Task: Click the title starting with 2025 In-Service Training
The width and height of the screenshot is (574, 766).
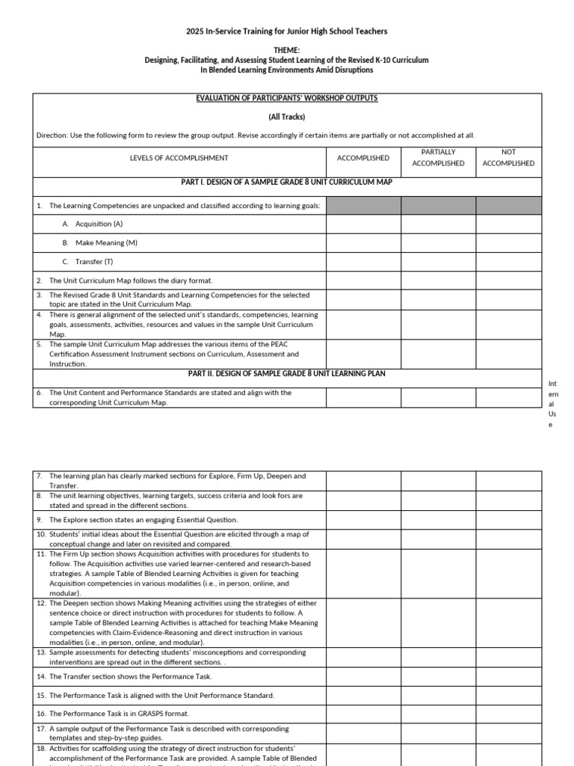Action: click(x=287, y=31)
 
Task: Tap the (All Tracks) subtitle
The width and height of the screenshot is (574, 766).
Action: click(x=287, y=117)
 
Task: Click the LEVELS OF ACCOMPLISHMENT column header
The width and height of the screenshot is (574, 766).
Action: click(x=179, y=158)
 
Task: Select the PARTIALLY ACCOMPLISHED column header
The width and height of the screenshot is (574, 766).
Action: click(x=438, y=157)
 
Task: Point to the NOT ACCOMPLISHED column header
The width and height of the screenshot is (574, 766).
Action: click(x=508, y=157)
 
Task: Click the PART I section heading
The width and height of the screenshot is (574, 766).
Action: click(x=287, y=182)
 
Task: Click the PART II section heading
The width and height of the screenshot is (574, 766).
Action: click(x=287, y=373)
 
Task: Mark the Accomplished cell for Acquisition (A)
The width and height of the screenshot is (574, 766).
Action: click(x=363, y=224)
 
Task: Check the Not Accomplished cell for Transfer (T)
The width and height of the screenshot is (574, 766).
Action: click(x=508, y=262)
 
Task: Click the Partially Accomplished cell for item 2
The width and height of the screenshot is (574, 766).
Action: click(x=438, y=281)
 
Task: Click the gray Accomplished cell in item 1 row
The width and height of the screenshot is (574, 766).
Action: click(x=363, y=205)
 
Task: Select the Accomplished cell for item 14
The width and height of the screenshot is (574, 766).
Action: click(x=363, y=676)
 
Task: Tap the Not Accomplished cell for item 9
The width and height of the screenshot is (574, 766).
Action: click(x=508, y=519)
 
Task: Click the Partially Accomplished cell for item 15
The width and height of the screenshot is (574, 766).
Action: click(x=438, y=695)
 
